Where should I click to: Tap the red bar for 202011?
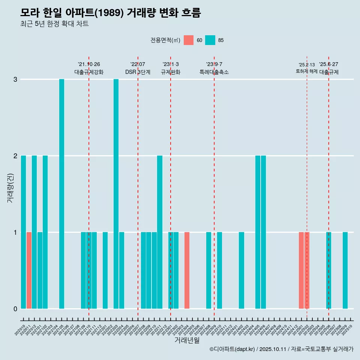tap(29, 270)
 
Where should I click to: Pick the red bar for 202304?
tap(187, 270)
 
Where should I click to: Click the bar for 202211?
tap(160, 232)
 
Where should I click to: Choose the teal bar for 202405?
tap(258, 232)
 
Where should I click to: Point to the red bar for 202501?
tap(301, 270)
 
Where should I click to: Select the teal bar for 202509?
tap(345, 270)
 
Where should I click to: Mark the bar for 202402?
tap(241, 270)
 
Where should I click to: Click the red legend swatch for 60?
tap(189, 40)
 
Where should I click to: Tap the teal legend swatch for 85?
tap(210, 40)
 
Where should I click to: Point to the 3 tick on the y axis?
tap(15, 79)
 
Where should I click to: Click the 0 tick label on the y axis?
tap(15, 309)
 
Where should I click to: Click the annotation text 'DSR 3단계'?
tap(138, 72)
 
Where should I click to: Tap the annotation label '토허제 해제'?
tap(307, 71)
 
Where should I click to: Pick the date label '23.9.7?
tap(214, 64)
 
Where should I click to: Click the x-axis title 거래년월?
tap(187, 340)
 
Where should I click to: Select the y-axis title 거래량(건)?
tap(10, 188)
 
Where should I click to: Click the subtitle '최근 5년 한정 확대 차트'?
tap(54, 24)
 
